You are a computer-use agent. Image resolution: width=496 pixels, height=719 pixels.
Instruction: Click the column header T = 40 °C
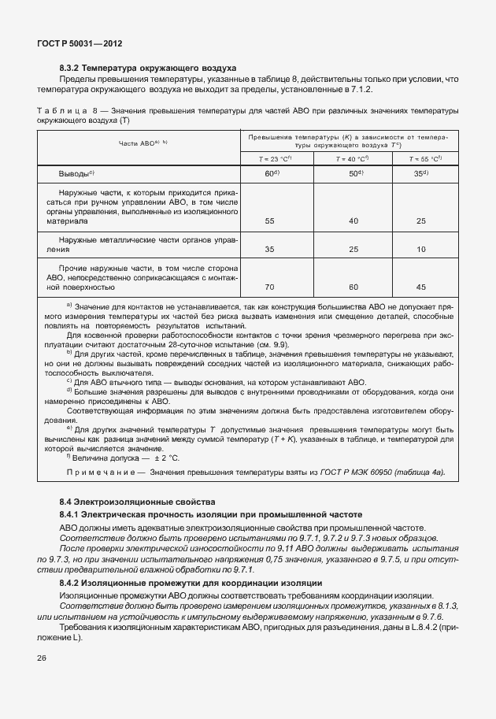352,158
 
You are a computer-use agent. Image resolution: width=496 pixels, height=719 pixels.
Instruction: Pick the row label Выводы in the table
77,173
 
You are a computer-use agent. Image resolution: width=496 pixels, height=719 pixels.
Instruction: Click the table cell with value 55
269,221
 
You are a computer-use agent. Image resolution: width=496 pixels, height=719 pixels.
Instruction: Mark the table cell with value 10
421,249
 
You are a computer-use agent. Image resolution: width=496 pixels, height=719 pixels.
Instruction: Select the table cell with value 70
269,287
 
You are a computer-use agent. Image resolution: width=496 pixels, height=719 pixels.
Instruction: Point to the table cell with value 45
421,287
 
